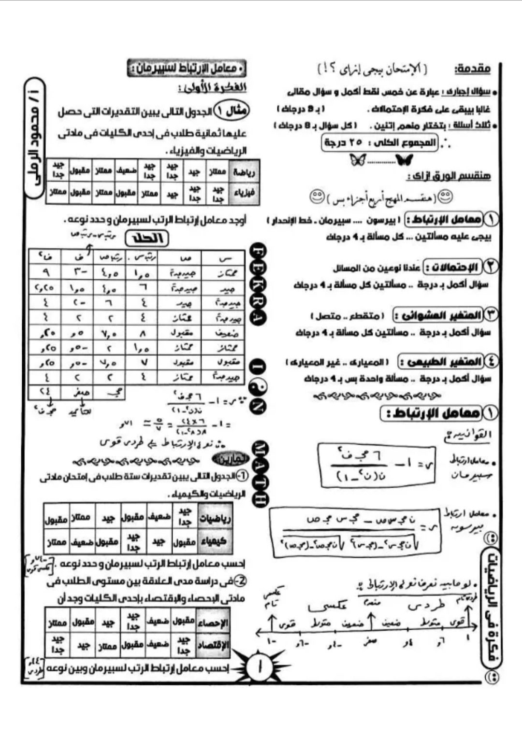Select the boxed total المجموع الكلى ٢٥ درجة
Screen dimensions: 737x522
point(380,143)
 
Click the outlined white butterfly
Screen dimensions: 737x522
point(358,160)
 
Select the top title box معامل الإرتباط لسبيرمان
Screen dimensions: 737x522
point(187,69)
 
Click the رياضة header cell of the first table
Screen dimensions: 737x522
point(245,171)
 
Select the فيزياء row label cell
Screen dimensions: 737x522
point(245,193)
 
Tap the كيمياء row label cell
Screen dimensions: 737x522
point(213,541)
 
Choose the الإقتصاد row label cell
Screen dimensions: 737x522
point(213,645)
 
